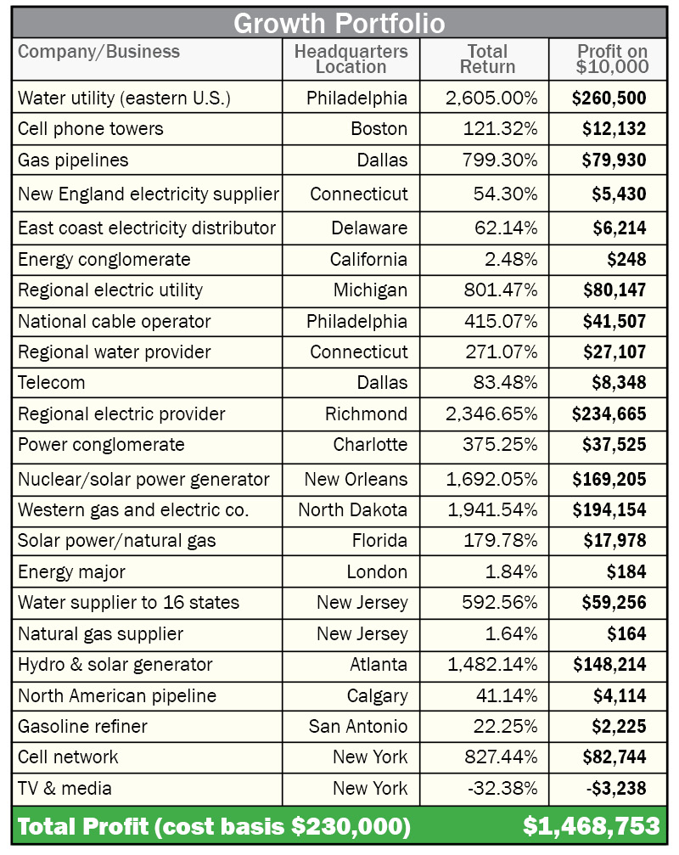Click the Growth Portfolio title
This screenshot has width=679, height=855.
click(339, 23)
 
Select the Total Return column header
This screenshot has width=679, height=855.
click(486, 59)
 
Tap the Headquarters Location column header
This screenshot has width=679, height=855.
click(351, 59)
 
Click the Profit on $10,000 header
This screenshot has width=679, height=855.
click(612, 59)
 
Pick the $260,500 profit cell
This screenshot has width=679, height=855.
click(609, 98)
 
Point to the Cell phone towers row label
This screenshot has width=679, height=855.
click(91, 129)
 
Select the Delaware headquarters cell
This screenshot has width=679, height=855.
click(369, 228)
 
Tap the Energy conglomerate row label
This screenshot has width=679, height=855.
click(104, 260)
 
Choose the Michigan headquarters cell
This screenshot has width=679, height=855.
click(370, 290)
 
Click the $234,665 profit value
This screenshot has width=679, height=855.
click(609, 414)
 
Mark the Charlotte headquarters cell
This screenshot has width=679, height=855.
click(370, 445)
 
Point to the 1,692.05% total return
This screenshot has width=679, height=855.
click(491, 480)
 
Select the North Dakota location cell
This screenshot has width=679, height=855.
click(352, 510)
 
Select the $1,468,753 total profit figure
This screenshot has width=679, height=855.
click(591, 826)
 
